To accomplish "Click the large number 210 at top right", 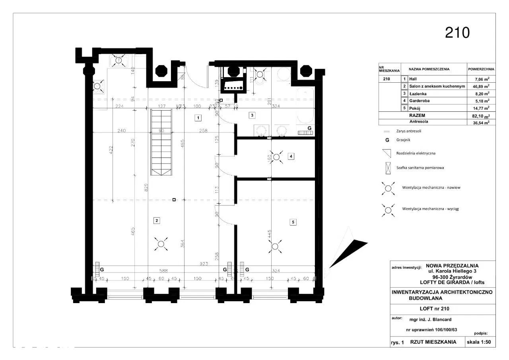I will point(457,33).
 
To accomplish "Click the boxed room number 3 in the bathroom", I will point(251,115).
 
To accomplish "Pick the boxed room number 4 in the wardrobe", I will point(291,156).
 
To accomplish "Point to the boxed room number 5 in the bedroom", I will point(293,222).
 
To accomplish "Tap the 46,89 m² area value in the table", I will point(480,86).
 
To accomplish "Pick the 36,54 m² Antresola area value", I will point(480,123).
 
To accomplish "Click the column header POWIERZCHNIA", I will point(481,69).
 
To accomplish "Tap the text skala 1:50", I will point(480,342).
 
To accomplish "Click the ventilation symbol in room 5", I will point(275,246).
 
